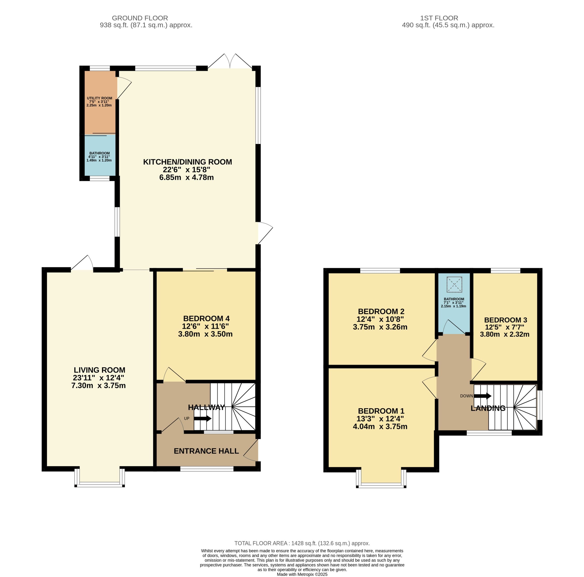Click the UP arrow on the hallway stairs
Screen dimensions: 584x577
click(203, 418)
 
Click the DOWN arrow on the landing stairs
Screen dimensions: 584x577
click(483, 396)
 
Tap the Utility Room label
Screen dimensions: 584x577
click(99, 98)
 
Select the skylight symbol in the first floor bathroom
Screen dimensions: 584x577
click(454, 284)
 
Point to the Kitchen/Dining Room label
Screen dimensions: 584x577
click(188, 162)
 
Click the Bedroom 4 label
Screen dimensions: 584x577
click(206, 319)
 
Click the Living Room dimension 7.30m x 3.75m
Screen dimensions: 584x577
click(99, 386)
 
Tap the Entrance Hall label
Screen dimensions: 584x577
click(206, 451)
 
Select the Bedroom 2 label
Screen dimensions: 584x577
click(381, 311)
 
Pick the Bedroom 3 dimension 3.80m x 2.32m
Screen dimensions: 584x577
click(505, 334)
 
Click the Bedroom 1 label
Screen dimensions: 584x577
click(381, 411)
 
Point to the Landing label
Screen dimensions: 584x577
click(488, 408)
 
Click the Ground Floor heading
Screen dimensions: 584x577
click(140, 18)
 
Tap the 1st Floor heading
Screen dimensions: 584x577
click(439, 18)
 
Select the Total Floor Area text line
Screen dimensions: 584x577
click(302, 543)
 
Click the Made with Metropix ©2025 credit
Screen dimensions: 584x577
click(302, 574)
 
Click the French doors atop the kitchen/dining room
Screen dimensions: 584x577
click(230, 61)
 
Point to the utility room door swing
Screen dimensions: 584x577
click(125, 88)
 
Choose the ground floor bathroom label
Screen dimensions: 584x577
click(99, 153)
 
